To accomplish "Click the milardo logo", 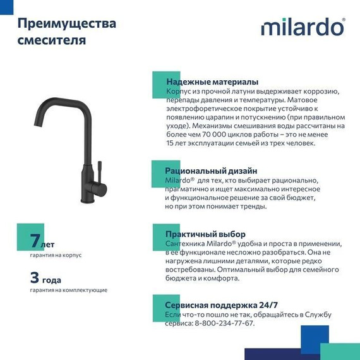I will [x=302, y=27].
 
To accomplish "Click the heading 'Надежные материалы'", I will [x=212, y=81].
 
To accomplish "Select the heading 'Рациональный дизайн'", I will [x=211, y=171].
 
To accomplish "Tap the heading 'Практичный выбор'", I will [x=205, y=234].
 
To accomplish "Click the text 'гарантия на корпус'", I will [x=56, y=255].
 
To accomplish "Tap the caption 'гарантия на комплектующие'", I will [x=68, y=290].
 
